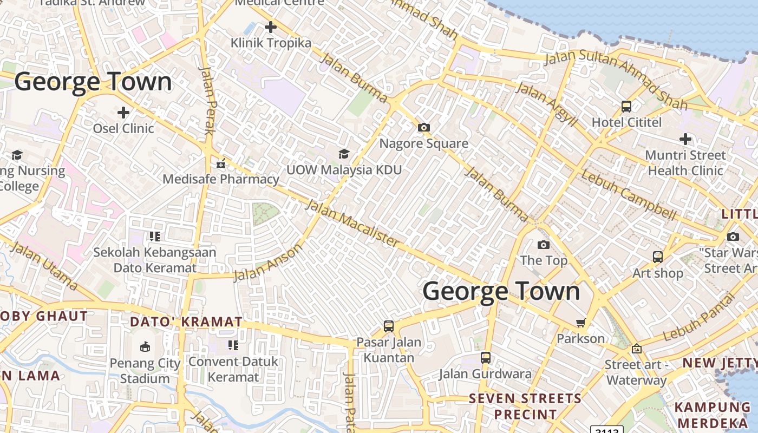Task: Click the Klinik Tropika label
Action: click(271, 43)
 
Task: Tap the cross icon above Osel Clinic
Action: click(123, 113)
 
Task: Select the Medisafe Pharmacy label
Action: click(221, 179)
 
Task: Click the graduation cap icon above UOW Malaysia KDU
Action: click(344, 154)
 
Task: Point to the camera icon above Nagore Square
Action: click(423, 128)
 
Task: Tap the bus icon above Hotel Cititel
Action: click(626, 107)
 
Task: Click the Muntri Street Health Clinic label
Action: click(685, 163)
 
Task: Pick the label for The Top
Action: click(544, 260)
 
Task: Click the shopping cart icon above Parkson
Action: click(581, 323)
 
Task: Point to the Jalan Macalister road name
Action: click(352, 224)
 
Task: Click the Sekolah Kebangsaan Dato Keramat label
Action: click(155, 260)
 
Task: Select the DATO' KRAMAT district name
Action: click(186, 322)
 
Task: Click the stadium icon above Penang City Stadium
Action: click(145, 347)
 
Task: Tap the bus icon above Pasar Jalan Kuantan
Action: click(389, 326)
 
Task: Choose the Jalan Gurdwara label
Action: click(485, 374)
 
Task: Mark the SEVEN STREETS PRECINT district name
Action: click(525, 406)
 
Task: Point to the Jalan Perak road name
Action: click(209, 101)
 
